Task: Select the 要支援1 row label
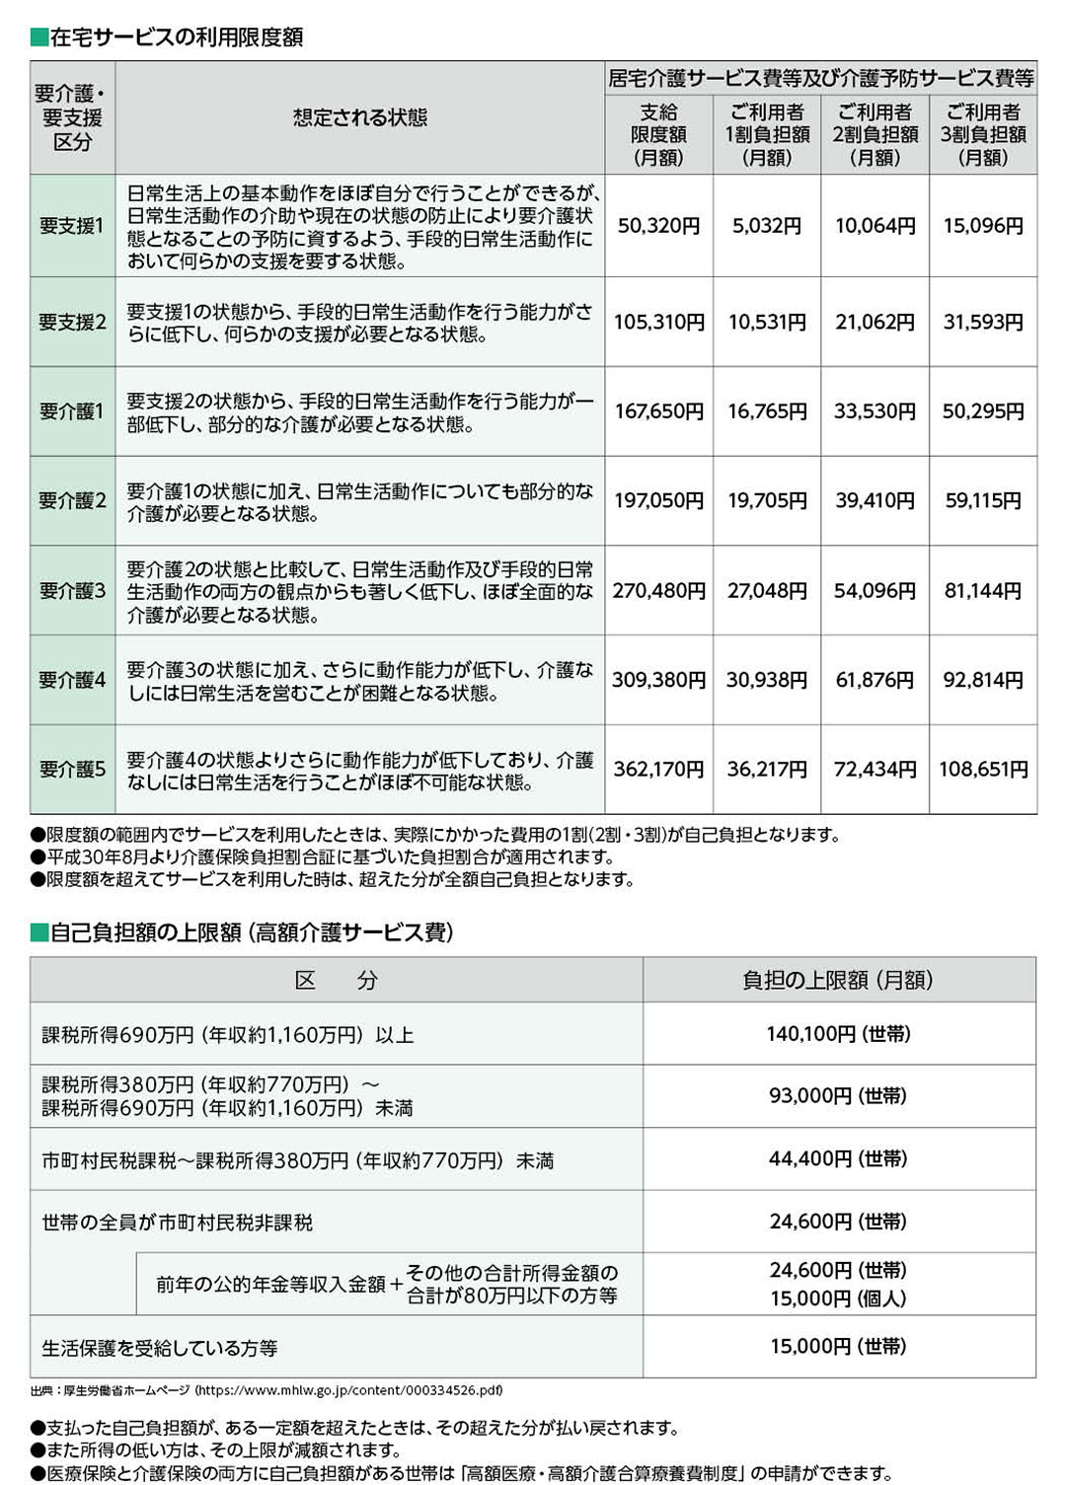click(72, 226)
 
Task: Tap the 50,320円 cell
click(658, 226)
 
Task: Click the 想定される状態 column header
click(359, 118)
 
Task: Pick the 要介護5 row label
click(72, 770)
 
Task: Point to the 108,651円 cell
click(983, 770)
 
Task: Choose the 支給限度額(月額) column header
click(658, 134)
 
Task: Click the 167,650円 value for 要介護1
click(658, 411)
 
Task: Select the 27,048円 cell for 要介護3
click(767, 591)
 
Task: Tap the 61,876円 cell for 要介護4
click(876, 680)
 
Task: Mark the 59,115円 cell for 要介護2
click(983, 501)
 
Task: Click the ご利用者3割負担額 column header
click(983, 134)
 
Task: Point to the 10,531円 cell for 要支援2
click(767, 323)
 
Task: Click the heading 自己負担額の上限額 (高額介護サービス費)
click(252, 932)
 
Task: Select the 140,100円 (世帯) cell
click(838, 1034)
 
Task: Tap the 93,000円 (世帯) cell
click(838, 1095)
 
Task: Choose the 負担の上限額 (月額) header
click(838, 980)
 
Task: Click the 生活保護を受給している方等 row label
click(160, 1348)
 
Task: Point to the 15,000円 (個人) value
click(838, 1299)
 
